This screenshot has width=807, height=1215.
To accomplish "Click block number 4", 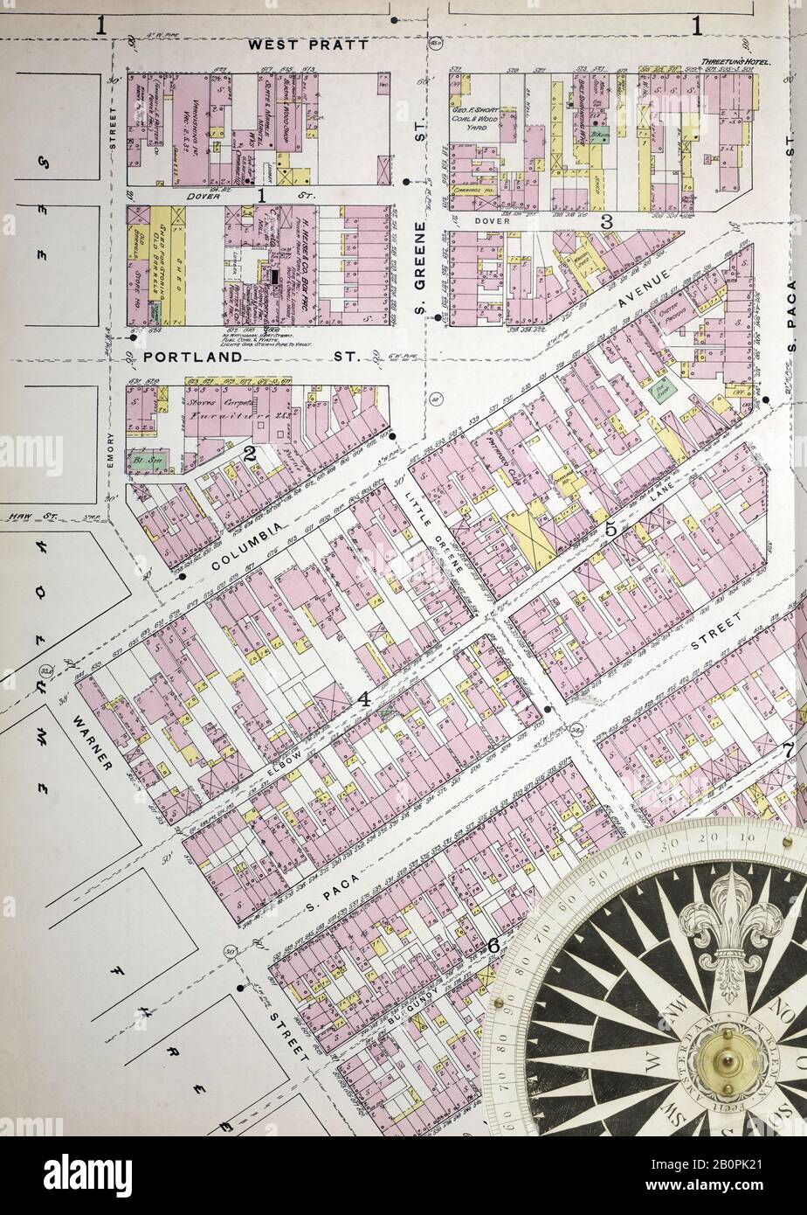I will [x=362, y=698].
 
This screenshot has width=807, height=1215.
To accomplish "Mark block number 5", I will [x=610, y=529].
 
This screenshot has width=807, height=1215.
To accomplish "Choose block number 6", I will [x=492, y=945].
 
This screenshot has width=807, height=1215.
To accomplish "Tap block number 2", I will [x=249, y=452].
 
